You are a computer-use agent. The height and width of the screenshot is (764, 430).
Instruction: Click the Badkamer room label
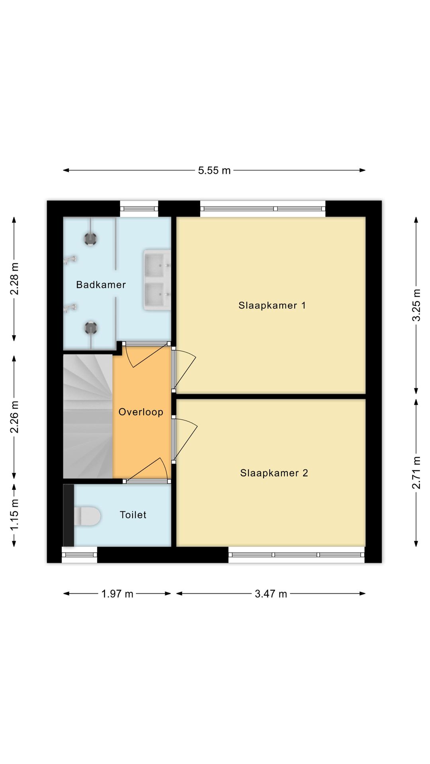pyautogui.click(x=101, y=285)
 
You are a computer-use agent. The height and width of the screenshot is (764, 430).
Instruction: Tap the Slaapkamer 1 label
pyautogui.click(x=272, y=305)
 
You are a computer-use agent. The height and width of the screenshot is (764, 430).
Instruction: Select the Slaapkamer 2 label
pyautogui.click(x=274, y=473)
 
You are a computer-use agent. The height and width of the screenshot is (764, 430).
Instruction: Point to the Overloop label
pyautogui.click(x=141, y=412)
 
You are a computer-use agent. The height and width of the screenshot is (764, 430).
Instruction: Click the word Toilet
pyautogui.click(x=133, y=515)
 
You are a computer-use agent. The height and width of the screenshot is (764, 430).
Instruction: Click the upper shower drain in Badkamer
pyautogui.click(x=91, y=239)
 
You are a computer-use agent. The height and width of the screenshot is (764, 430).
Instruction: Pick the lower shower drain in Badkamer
pyautogui.click(x=91, y=328)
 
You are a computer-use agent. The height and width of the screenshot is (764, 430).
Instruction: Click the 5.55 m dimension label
pyautogui.click(x=214, y=170)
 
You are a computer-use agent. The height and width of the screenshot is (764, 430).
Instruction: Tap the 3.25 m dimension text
pyautogui.click(x=416, y=305)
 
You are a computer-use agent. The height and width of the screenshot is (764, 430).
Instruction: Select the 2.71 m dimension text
pyautogui.click(x=416, y=472)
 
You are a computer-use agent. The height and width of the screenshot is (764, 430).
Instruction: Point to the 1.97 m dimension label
pyautogui.click(x=117, y=594)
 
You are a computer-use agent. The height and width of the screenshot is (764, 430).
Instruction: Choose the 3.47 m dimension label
pyautogui.click(x=271, y=594)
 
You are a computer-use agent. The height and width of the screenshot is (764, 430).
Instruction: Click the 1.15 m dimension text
pyautogui.click(x=14, y=515)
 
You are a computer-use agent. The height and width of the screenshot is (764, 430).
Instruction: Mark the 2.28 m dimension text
pyautogui.click(x=14, y=279)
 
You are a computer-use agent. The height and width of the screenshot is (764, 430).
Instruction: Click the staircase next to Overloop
pyautogui.click(x=88, y=416)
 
